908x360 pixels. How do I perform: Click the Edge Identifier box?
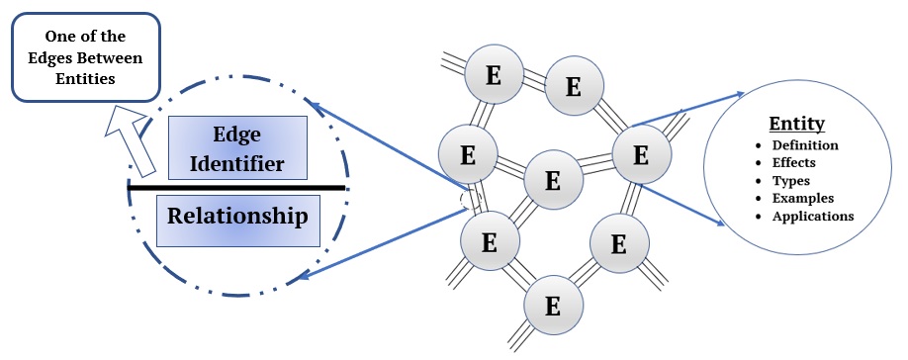coord(237,146)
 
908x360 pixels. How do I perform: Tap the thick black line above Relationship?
coord(237,186)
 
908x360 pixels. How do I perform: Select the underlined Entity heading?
coord(797,125)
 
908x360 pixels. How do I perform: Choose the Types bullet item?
coord(791,181)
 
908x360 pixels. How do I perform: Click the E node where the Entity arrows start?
coord(640,155)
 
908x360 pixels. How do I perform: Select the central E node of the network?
coord(553,180)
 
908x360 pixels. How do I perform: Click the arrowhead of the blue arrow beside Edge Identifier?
coord(310,102)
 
